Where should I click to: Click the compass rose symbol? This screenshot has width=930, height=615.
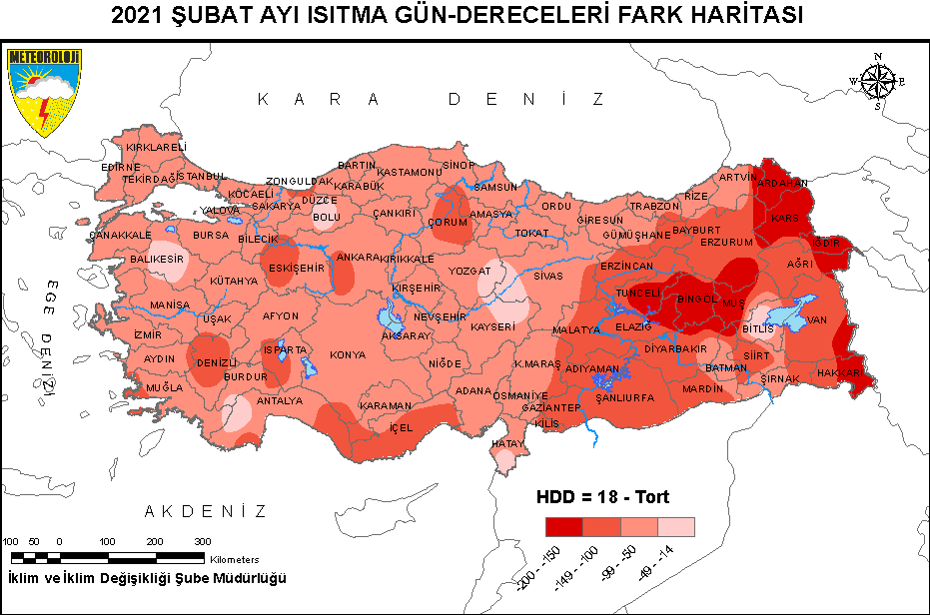(876, 81)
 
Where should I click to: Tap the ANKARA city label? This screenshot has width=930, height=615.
(358, 257)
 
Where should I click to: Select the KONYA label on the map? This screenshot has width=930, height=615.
(348, 354)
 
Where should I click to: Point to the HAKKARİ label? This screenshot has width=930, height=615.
(839, 371)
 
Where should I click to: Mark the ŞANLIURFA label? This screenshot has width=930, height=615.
(624, 397)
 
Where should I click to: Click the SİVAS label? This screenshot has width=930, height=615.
(548, 275)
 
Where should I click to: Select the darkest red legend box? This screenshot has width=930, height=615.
(563, 527)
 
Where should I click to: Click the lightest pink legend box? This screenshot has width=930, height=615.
(675, 527)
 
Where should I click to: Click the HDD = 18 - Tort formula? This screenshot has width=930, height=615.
(602, 496)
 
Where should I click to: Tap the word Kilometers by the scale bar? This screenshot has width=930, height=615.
(235, 560)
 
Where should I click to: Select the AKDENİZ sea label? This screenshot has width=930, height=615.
(205, 511)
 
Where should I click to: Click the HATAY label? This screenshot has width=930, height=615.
(508, 443)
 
